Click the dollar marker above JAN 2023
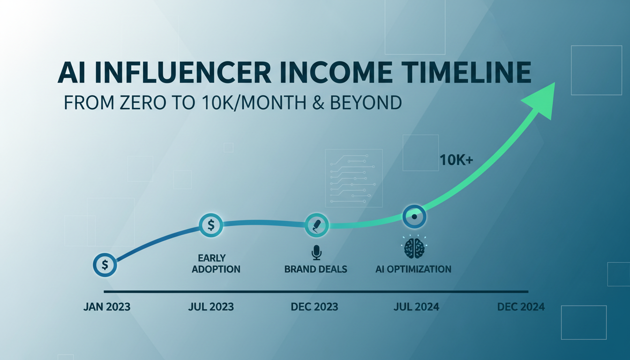(105, 265)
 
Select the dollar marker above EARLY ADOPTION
(211, 225)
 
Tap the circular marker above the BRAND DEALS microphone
(317, 225)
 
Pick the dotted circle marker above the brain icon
(414, 217)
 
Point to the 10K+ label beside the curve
(456, 160)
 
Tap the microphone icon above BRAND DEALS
(316, 253)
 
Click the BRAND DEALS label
(316, 270)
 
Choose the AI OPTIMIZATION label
(413, 269)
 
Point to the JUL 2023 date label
(211, 307)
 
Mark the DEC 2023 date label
(314, 307)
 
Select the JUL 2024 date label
(416, 307)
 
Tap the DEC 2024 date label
(521, 307)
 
